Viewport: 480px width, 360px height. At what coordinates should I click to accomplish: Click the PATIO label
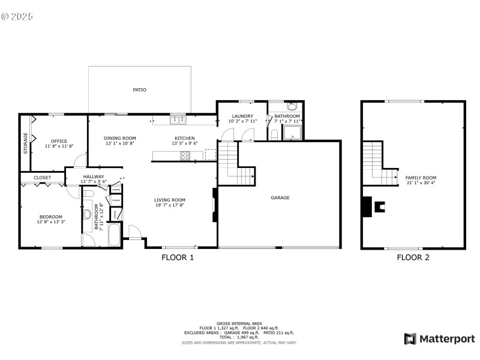click(x=139, y=90)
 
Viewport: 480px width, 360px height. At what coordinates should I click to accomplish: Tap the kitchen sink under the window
click(x=177, y=119)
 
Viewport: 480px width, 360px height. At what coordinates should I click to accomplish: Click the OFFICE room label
click(x=59, y=141)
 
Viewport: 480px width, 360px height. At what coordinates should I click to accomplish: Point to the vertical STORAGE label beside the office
click(x=26, y=143)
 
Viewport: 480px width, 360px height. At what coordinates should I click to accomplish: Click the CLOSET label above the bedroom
click(x=42, y=178)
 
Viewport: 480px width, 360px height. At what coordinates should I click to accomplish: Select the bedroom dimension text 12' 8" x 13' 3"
click(x=51, y=223)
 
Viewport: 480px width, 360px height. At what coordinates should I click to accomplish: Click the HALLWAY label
click(x=94, y=176)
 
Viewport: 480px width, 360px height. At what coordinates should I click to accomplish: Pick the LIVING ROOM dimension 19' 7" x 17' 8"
click(x=170, y=205)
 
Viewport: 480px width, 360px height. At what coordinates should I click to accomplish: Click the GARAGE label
click(x=280, y=197)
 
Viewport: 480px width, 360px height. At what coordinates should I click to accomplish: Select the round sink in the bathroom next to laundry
click(x=292, y=107)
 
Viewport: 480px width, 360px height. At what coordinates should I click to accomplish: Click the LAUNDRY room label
click(x=242, y=116)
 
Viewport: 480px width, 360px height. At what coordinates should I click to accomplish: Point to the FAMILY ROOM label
click(x=421, y=178)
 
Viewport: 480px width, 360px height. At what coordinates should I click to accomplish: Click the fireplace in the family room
click(x=380, y=207)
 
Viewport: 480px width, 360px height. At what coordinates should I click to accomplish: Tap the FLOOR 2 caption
click(x=413, y=257)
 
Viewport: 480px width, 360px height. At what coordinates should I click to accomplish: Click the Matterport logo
click(x=439, y=339)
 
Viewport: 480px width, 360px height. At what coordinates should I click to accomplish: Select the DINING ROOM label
click(x=120, y=138)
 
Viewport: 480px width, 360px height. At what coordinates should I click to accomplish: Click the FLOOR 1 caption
click(x=178, y=257)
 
